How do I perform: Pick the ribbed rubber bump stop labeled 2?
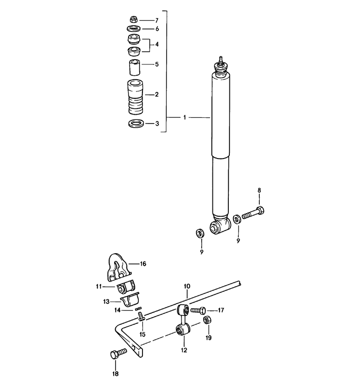(x=134, y=96)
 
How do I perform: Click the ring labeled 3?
(x=135, y=124)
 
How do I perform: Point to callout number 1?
(x=185, y=118)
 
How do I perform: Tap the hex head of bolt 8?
(x=260, y=211)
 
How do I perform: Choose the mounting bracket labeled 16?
(x=119, y=265)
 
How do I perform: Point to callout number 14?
(x=118, y=310)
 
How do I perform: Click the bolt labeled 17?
(x=198, y=310)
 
